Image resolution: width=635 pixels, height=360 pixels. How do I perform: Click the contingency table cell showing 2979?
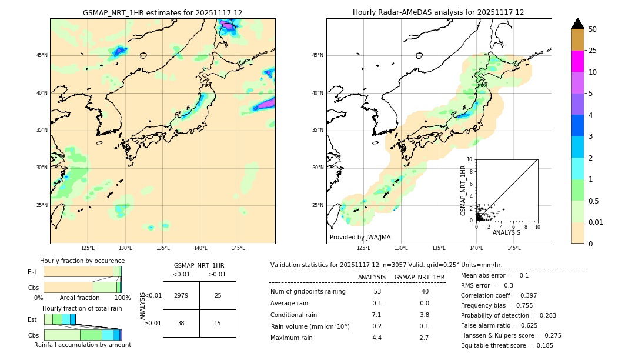tap(181, 295)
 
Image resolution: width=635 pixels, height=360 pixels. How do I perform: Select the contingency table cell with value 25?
tap(218, 295)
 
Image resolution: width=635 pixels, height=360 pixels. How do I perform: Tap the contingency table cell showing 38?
tap(181, 323)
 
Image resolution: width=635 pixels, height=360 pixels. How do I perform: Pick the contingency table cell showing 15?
tap(218, 323)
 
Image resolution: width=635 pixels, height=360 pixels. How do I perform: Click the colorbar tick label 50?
tap(593, 29)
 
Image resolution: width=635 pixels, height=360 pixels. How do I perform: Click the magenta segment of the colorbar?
tap(577, 61)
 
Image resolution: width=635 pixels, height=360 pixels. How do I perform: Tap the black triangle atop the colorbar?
tap(577, 24)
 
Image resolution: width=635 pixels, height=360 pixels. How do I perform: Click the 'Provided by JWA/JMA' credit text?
tap(360, 238)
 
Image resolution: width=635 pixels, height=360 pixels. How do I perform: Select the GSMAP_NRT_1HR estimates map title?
tap(162, 12)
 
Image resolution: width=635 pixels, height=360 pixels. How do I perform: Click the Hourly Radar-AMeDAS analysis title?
tap(439, 12)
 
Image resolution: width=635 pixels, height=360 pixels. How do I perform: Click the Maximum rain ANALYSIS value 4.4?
tap(377, 338)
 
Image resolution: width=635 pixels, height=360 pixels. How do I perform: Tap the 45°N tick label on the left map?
tap(42, 55)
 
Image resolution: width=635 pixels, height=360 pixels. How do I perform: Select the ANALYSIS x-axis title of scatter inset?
tap(506, 232)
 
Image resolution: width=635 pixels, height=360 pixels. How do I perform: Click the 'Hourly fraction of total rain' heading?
tap(82, 308)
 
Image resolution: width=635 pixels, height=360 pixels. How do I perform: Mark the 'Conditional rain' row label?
tap(293, 315)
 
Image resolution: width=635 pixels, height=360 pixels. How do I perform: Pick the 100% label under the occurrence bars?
tap(122, 298)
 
